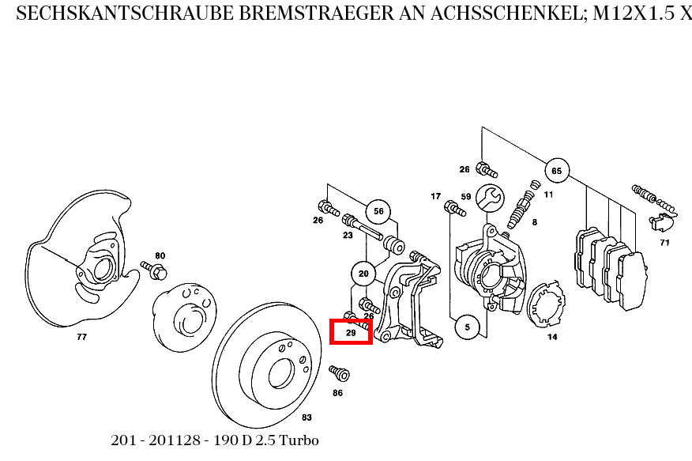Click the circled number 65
[x=556, y=171]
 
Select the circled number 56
[x=378, y=211]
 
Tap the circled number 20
[x=363, y=274]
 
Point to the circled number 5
[x=467, y=327]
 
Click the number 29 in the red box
[x=351, y=334]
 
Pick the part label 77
[x=81, y=337]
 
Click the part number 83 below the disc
[x=307, y=417]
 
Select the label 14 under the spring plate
[x=552, y=337]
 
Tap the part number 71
[x=664, y=243]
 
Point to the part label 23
[x=348, y=235]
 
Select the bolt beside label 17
[x=454, y=208]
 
